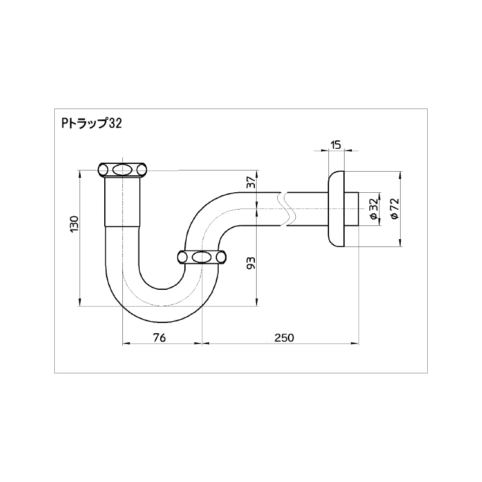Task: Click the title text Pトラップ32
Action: (x=92, y=124)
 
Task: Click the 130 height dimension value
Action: (x=75, y=224)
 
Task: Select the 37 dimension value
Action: (x=252, y=183)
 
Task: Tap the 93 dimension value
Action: (x=252, y=263)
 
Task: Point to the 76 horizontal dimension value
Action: (x=159, y=337)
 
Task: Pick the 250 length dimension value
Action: (x=284, y=338)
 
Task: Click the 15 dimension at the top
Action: (x=336, y=145)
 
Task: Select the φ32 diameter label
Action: (x=374, y=209)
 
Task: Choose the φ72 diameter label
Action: (x=395, y=208)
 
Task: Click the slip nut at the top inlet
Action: (x=122, y=170)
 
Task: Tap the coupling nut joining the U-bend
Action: (x=202, y=257)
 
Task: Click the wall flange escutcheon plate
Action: (x=336, y=209)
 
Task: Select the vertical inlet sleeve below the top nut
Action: (x=122, y=202)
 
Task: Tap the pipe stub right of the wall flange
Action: (x=351, y=209)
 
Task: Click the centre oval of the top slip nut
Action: (x=122, y=170)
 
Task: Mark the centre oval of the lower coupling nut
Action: (x=202, y=257)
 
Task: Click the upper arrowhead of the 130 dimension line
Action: (x=80, y=174)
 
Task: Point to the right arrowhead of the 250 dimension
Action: (x=355, y=343)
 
